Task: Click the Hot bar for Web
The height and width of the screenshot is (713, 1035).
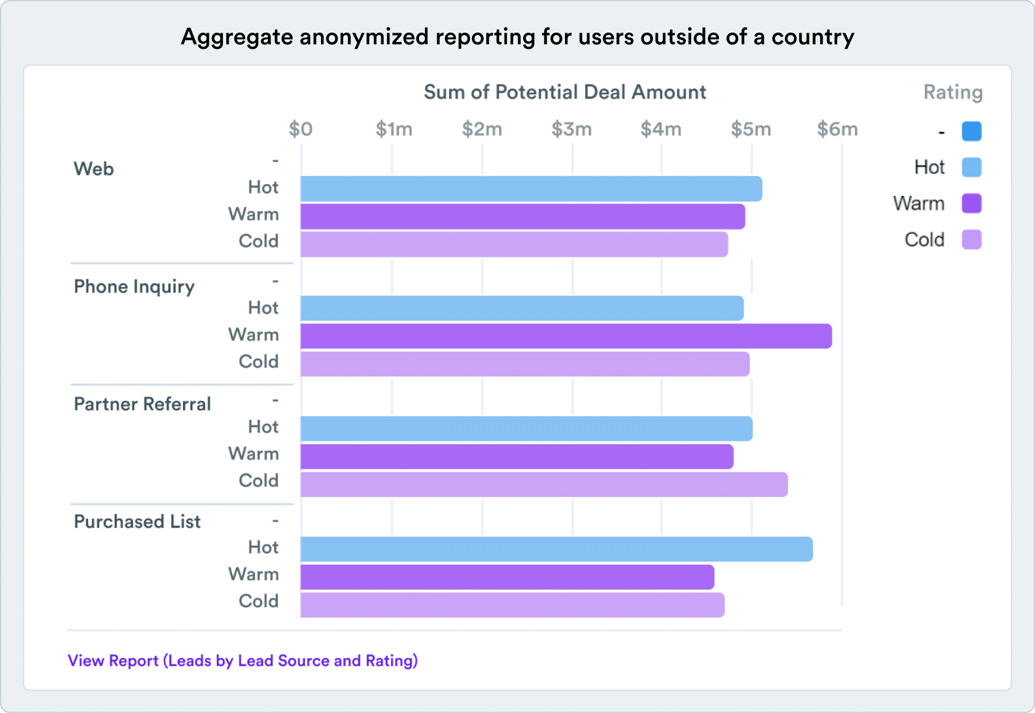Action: tap(531, 188)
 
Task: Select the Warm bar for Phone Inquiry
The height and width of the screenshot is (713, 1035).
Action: tap(566, 336)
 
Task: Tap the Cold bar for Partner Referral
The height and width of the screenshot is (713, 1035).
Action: tap(544, 485)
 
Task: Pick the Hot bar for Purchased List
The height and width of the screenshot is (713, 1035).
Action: tap(556, 549)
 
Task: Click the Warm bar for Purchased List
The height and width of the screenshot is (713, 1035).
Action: tap(507, 577)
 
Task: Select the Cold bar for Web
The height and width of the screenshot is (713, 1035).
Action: tap(514, 244)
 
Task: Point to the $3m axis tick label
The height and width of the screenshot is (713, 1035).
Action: tap(571, 129)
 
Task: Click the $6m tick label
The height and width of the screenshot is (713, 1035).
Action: tap(837, 129)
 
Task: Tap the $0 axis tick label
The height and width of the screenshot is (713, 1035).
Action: tap(301, 129)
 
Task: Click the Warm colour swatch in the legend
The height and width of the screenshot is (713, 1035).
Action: tap(972, 203)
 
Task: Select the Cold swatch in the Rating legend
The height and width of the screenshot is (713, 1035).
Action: tap(972, 240)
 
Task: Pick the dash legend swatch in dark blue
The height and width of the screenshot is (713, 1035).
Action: tap(972, 131)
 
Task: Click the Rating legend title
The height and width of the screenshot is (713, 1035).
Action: tap(952, 92)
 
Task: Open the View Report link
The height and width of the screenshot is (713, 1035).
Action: tap(243, 661)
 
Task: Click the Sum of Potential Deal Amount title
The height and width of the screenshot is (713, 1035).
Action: tap(565, 92)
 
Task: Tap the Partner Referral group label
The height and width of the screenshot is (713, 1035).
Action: tap(142, 404)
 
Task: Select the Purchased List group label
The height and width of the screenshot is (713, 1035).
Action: tap(137, 522)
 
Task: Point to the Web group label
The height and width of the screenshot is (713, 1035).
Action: tap(94, 169)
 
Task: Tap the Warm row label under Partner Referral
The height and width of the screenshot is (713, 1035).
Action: tap(253, 454)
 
